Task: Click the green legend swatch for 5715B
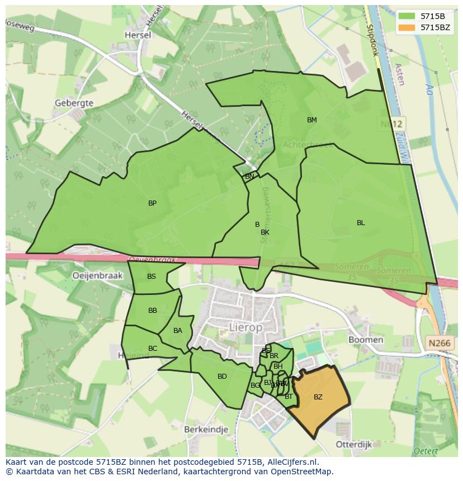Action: pos(407,16)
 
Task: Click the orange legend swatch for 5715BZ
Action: pos(407,27)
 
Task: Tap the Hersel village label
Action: pos(138,35)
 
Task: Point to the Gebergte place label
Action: pos(74,103)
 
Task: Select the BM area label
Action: pos(312,120)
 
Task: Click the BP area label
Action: pos(152,203)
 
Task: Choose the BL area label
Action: pos(361,223)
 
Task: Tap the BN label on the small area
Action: pos(249,177)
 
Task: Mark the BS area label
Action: pos(152,277)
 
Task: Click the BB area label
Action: pos(153,311)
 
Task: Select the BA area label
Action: pos(178,331)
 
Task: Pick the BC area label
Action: pos(153,349)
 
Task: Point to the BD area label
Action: pos(222,377)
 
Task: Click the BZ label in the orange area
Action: pos(318,397)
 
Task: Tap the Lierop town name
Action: pos(245,328)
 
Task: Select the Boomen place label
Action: pos(366,340)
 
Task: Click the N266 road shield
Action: pos(438,342)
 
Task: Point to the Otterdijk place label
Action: pos(353,444)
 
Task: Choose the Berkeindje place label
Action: pos(206,429)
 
